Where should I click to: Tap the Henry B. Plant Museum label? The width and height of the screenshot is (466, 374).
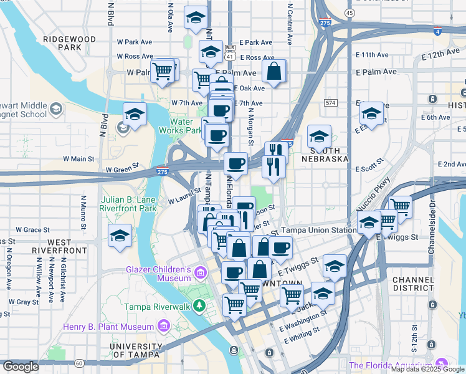pos(108,327)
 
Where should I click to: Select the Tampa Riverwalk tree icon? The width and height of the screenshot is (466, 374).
pos(199,305)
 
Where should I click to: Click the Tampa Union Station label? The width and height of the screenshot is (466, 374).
pos(319,230)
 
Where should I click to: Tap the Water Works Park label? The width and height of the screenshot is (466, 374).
pos(185,126)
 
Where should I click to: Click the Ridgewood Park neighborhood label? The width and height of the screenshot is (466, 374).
pos(69,43)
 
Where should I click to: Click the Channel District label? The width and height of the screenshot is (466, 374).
pos(417,284)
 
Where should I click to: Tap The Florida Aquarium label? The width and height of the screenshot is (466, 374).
pos(391,365)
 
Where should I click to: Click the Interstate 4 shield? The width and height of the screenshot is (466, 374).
pos(437,31)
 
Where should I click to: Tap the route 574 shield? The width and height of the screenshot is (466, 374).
pos(330,102)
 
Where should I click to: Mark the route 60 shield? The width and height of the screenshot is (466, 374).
pos(79,363)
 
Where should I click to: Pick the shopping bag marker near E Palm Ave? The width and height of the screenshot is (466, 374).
pos(273,73)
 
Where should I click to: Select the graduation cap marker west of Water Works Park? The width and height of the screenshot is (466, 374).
pos(134,115)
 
